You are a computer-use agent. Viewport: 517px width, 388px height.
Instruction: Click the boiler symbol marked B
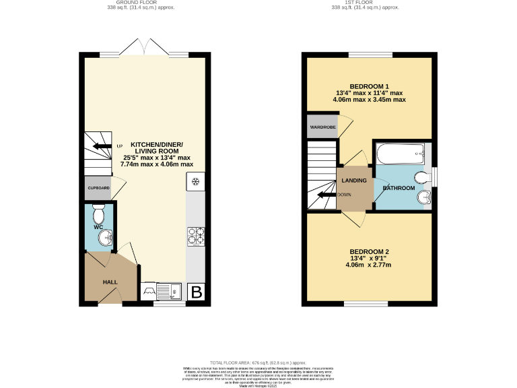point(197,292)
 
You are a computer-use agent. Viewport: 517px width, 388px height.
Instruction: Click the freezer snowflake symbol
point(196,182)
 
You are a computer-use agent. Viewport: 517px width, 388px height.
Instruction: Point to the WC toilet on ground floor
point(99,216)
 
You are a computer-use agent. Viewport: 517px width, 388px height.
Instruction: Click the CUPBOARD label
point(98,187)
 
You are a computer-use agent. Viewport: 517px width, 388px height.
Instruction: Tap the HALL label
point(110,282)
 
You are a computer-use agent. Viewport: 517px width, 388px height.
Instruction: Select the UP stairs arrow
point(103,146)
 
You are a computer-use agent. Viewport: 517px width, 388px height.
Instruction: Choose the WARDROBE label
point(322,127)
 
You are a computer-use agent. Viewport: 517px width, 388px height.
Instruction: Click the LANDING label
point(354,181)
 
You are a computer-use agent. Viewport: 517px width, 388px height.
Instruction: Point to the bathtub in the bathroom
point(399,156)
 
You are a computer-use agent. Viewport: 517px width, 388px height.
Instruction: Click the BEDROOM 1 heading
point(369,86)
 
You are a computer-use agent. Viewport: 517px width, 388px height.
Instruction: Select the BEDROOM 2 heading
point(370,251)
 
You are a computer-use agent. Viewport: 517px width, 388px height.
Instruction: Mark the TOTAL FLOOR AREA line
point(258,362)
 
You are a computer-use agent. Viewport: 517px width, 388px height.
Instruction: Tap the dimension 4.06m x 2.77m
point(370,265)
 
